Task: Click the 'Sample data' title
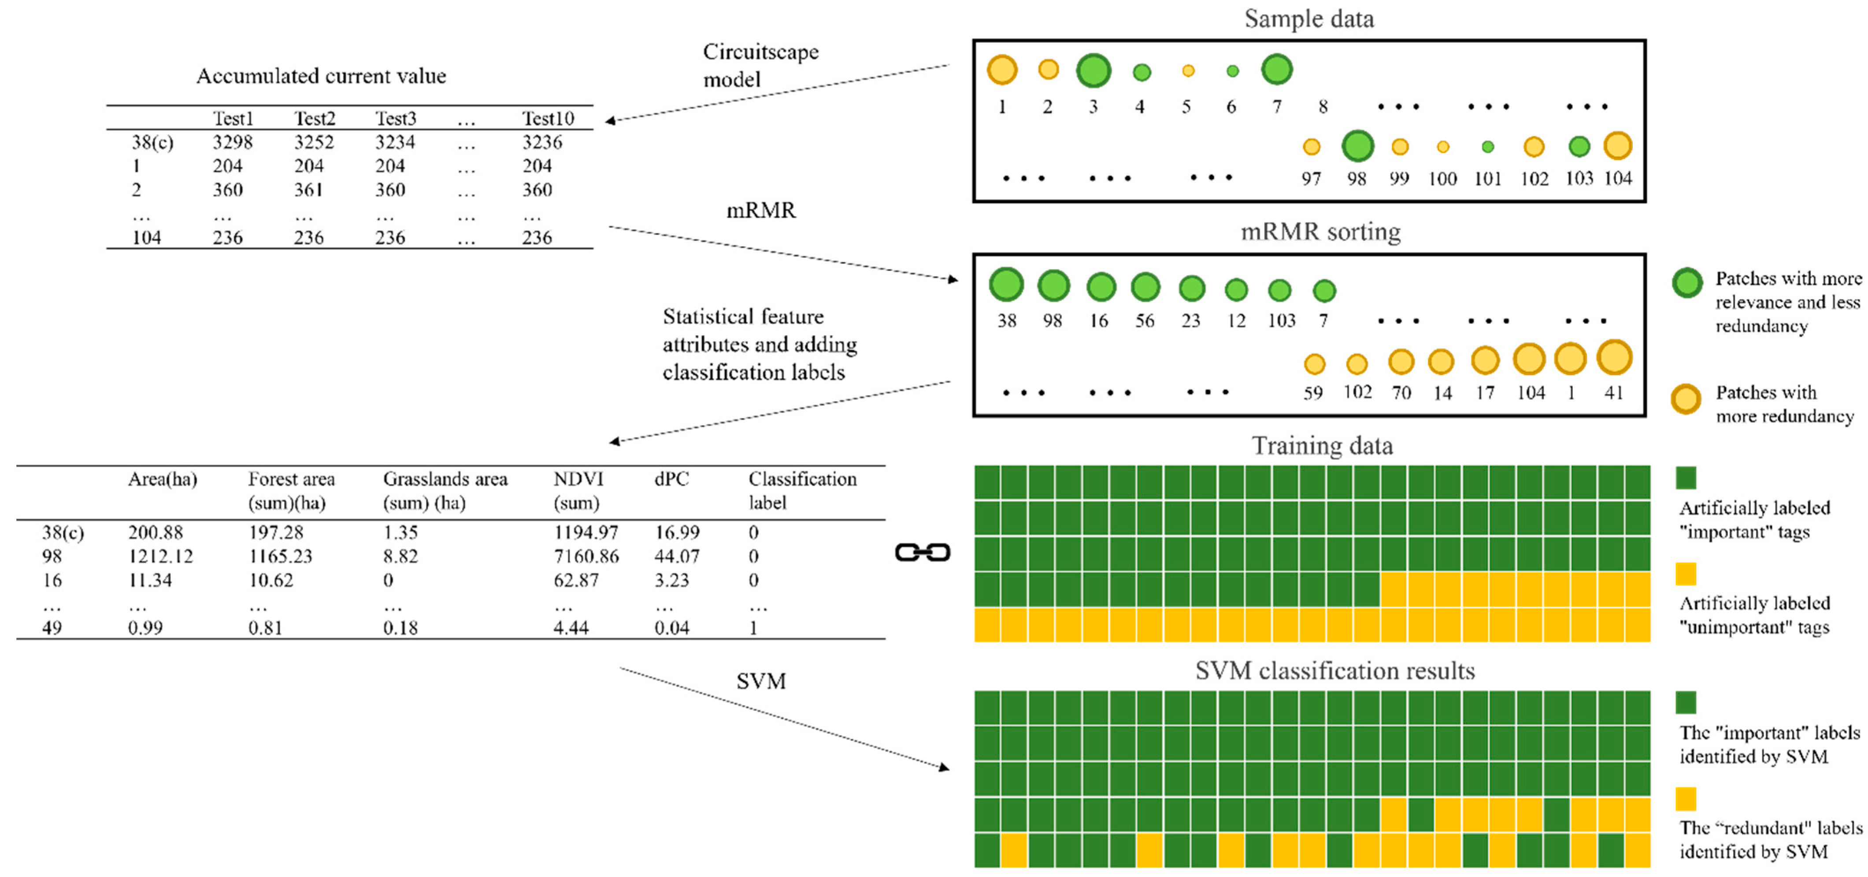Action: (1309, 19)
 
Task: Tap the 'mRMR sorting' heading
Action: (1320, 232)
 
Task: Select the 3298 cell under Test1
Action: (232, 142)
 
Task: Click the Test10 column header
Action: (548, 118)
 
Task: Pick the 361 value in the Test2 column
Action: (308, 190)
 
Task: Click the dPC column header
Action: (671, 479)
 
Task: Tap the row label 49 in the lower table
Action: (52, 628)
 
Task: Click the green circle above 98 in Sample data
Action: (1357, 146)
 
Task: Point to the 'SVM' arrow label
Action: (761, 681)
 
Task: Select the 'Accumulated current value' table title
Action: (321, 76)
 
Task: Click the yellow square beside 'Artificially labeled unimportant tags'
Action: (1686, 574)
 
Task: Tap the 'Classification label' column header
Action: (802, 491)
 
